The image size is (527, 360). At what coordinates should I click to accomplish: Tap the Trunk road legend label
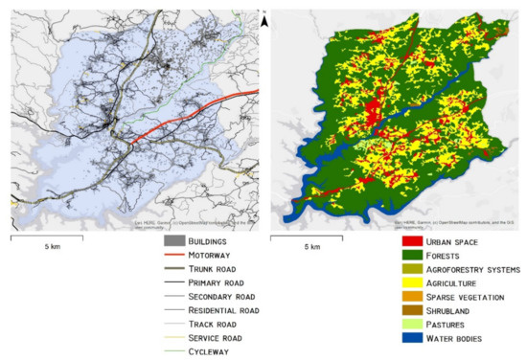pyautogui.click(x=211, y=269)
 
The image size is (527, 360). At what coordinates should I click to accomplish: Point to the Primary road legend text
pyautogui.click(x=215, y=283)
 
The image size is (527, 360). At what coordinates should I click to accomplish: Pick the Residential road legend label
pyautogui.click(x=223, y=310)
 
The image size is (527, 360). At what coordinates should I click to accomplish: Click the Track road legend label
pyautogui.click(x=210, y=325)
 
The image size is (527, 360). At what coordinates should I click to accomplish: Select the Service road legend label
pyautogui.click(x=214, y=338)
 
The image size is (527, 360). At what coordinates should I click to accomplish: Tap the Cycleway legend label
pyautogui.click(x=205, y=351)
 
